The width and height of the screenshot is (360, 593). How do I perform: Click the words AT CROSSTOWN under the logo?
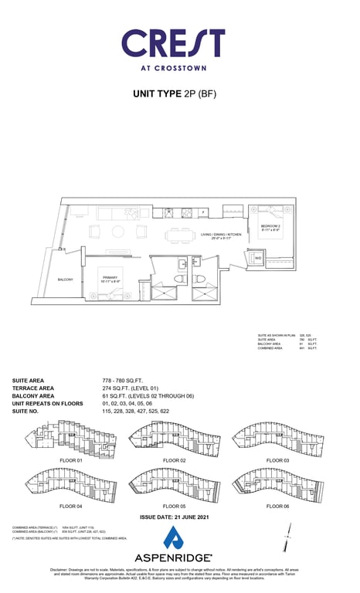pos(173,67)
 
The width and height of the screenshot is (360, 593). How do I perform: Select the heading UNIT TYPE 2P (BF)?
pos(175,94)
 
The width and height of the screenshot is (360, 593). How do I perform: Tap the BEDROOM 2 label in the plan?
pos(271,227)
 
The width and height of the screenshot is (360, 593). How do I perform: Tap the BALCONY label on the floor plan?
pos(65,280)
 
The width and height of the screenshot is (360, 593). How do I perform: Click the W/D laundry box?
pos(258,258)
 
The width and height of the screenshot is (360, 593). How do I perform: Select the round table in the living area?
pos(118,231)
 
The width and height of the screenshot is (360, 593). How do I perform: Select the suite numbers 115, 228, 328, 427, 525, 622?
pos(136,412)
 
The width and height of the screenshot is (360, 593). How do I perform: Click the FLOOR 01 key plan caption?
pos(70,460)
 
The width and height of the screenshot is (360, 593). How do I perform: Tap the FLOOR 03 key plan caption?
pos(277,460)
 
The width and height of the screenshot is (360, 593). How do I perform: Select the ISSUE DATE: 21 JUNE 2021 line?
pos(174,517)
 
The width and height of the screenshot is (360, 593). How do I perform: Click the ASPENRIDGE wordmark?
pos(174,557)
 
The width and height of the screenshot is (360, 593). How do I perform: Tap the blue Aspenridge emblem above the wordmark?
pos(174,537)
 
